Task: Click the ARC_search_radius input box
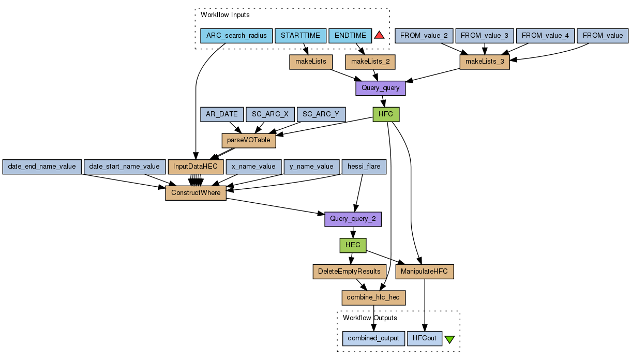pos(236,36)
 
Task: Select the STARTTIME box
pos(301,36)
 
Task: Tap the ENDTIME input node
pos(350,36)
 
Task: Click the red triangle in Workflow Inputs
pos(379,35)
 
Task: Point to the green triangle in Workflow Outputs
pos(449,339)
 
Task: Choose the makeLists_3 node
pos(485,62)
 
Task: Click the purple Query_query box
pos(380,88)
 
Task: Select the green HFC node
pos(386,114)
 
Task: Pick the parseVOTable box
pos(249,140)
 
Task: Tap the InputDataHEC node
pos(196,167)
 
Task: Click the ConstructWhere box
pos(196,193)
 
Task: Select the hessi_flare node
pos(364,167)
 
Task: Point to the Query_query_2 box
pos(353,219)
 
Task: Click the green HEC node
pos(353,245)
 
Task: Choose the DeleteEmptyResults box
pos(350,271)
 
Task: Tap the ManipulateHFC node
pos(425,271)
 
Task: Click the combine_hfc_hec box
pos(373,297)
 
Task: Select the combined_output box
pos(373,339)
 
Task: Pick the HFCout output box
pos(425,339)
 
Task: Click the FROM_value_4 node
pos(545,36)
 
